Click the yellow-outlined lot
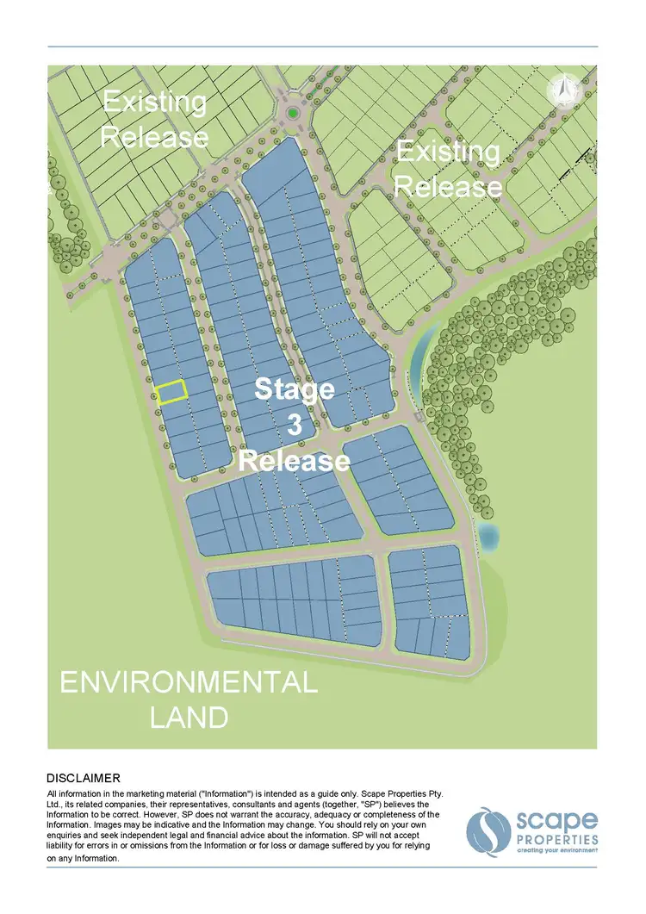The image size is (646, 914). tap(172, 392)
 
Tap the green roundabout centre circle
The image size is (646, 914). tap(293, 113)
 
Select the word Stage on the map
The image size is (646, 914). tap(295, 390)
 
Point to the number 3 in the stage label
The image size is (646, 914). tap(294, 426)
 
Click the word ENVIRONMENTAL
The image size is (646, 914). tap(188, 684)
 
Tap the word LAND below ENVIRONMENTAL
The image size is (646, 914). tap(189, 717)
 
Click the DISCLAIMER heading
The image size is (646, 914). tap(84, 778)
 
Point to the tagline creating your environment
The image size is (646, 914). tap(556, 850)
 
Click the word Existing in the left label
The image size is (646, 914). tap(155, 103)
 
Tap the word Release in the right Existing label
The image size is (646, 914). tap(448, 186)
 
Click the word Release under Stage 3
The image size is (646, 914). tap(294, 460)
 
